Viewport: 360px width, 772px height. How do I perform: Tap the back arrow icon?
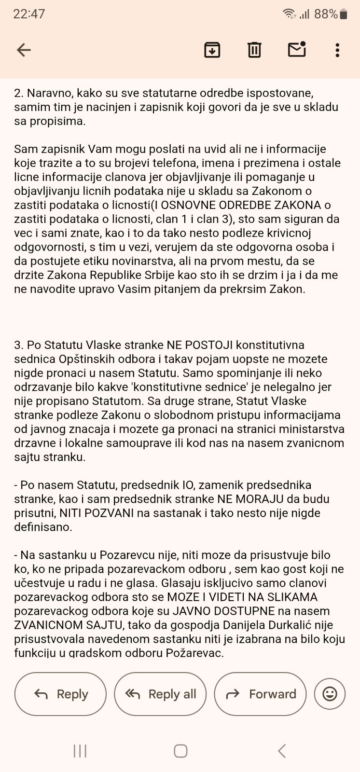24,50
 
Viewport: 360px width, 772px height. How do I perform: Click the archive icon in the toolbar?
212,50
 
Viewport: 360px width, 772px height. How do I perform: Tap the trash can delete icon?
254,50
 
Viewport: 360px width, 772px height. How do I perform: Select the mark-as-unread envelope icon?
297,49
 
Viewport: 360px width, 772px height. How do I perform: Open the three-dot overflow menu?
337,50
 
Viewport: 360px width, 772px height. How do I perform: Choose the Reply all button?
160,694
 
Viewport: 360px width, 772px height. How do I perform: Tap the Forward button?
260,694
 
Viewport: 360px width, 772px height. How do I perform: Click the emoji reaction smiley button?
330,694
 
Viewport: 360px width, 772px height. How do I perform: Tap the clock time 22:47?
29,14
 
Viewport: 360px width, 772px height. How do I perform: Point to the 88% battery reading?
326,14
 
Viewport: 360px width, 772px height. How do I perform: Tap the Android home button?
180,751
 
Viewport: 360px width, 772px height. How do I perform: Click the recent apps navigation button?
80,751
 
